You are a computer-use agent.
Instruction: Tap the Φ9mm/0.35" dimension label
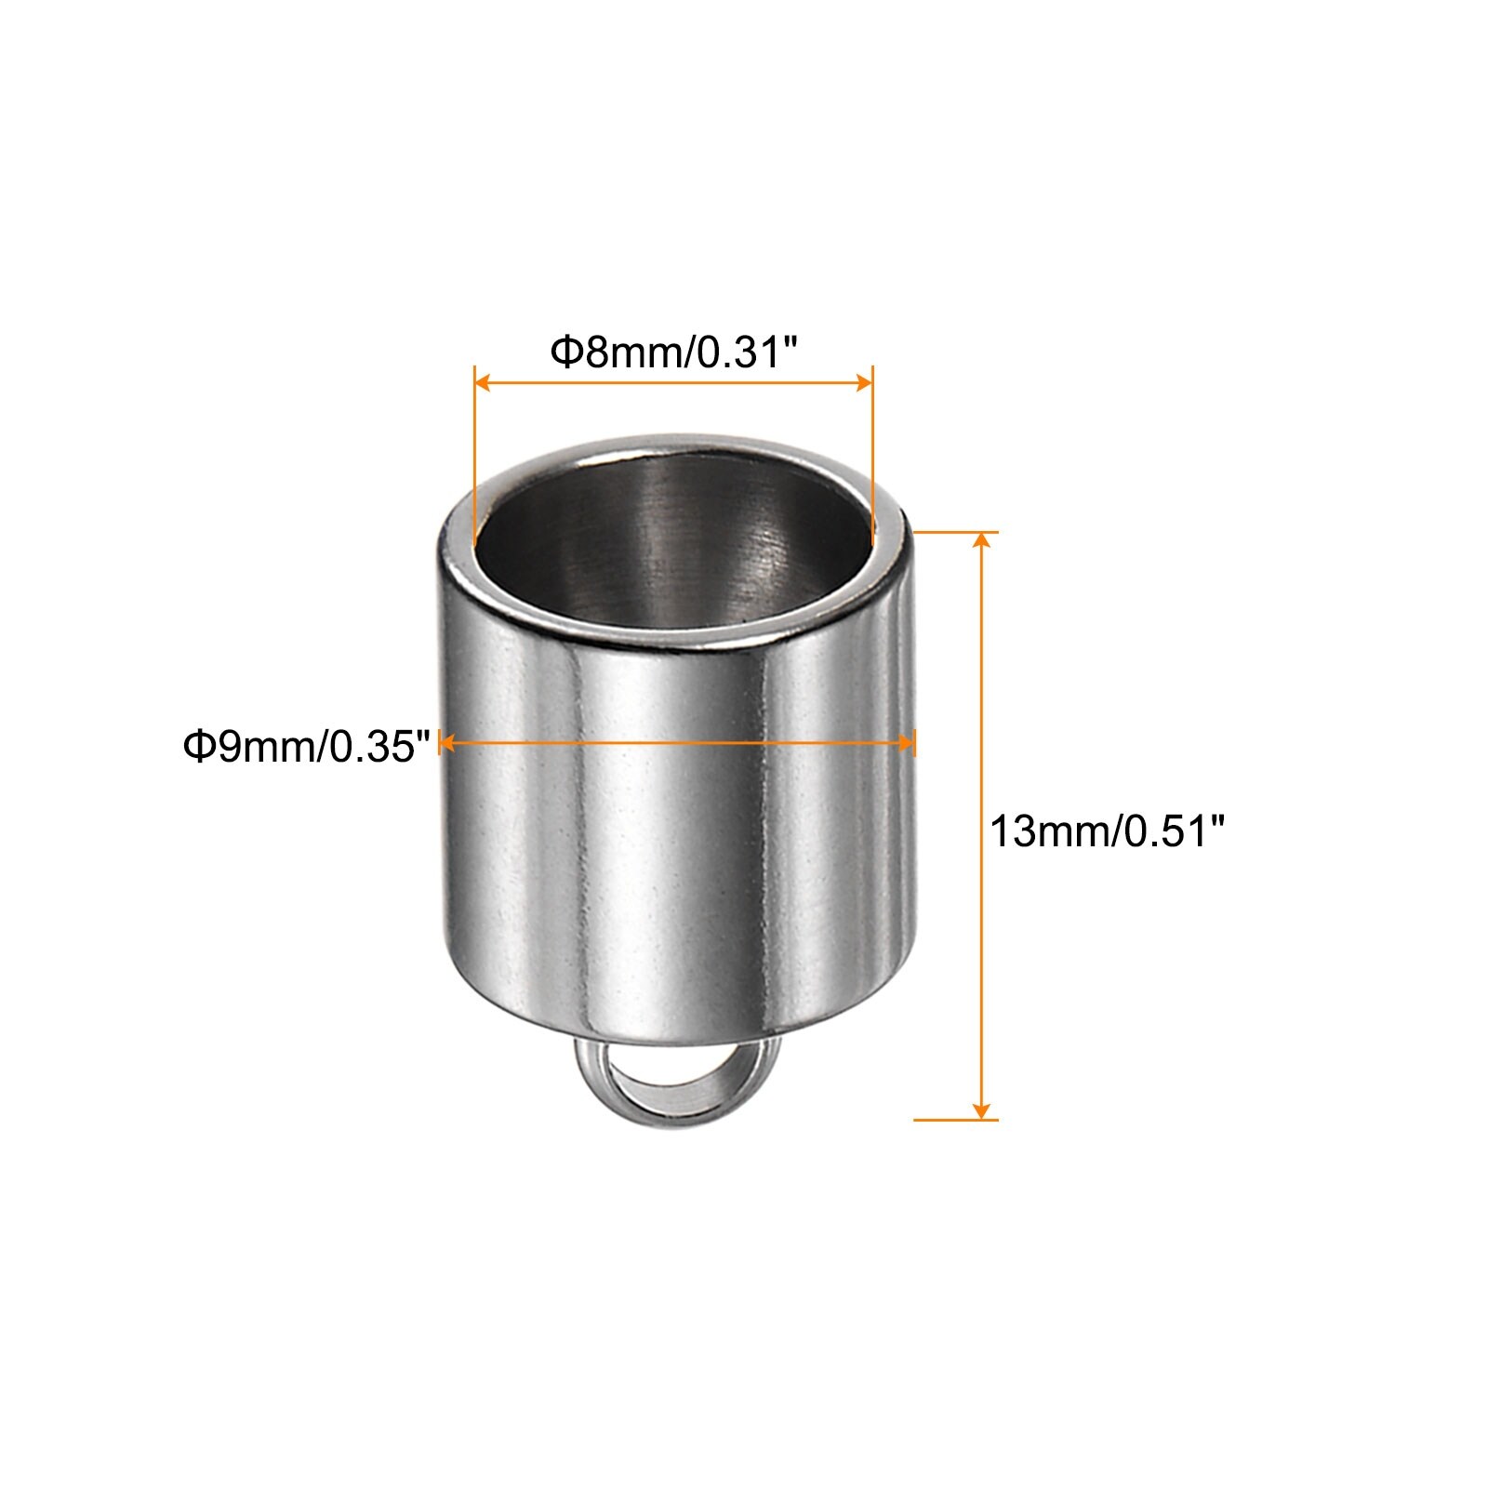tap(307, 746)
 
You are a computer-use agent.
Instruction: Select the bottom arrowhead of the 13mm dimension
tap(980, 1108)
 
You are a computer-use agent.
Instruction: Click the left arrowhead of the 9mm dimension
tap(447, 742)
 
